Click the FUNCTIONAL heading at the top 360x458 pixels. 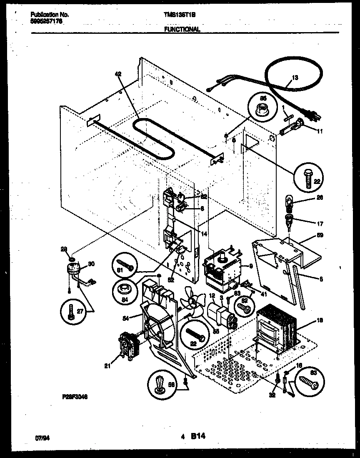point(182,29)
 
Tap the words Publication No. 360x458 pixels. point(50,14)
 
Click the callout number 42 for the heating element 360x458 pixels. point(118,74)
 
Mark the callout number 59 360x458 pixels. point(320,235)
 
